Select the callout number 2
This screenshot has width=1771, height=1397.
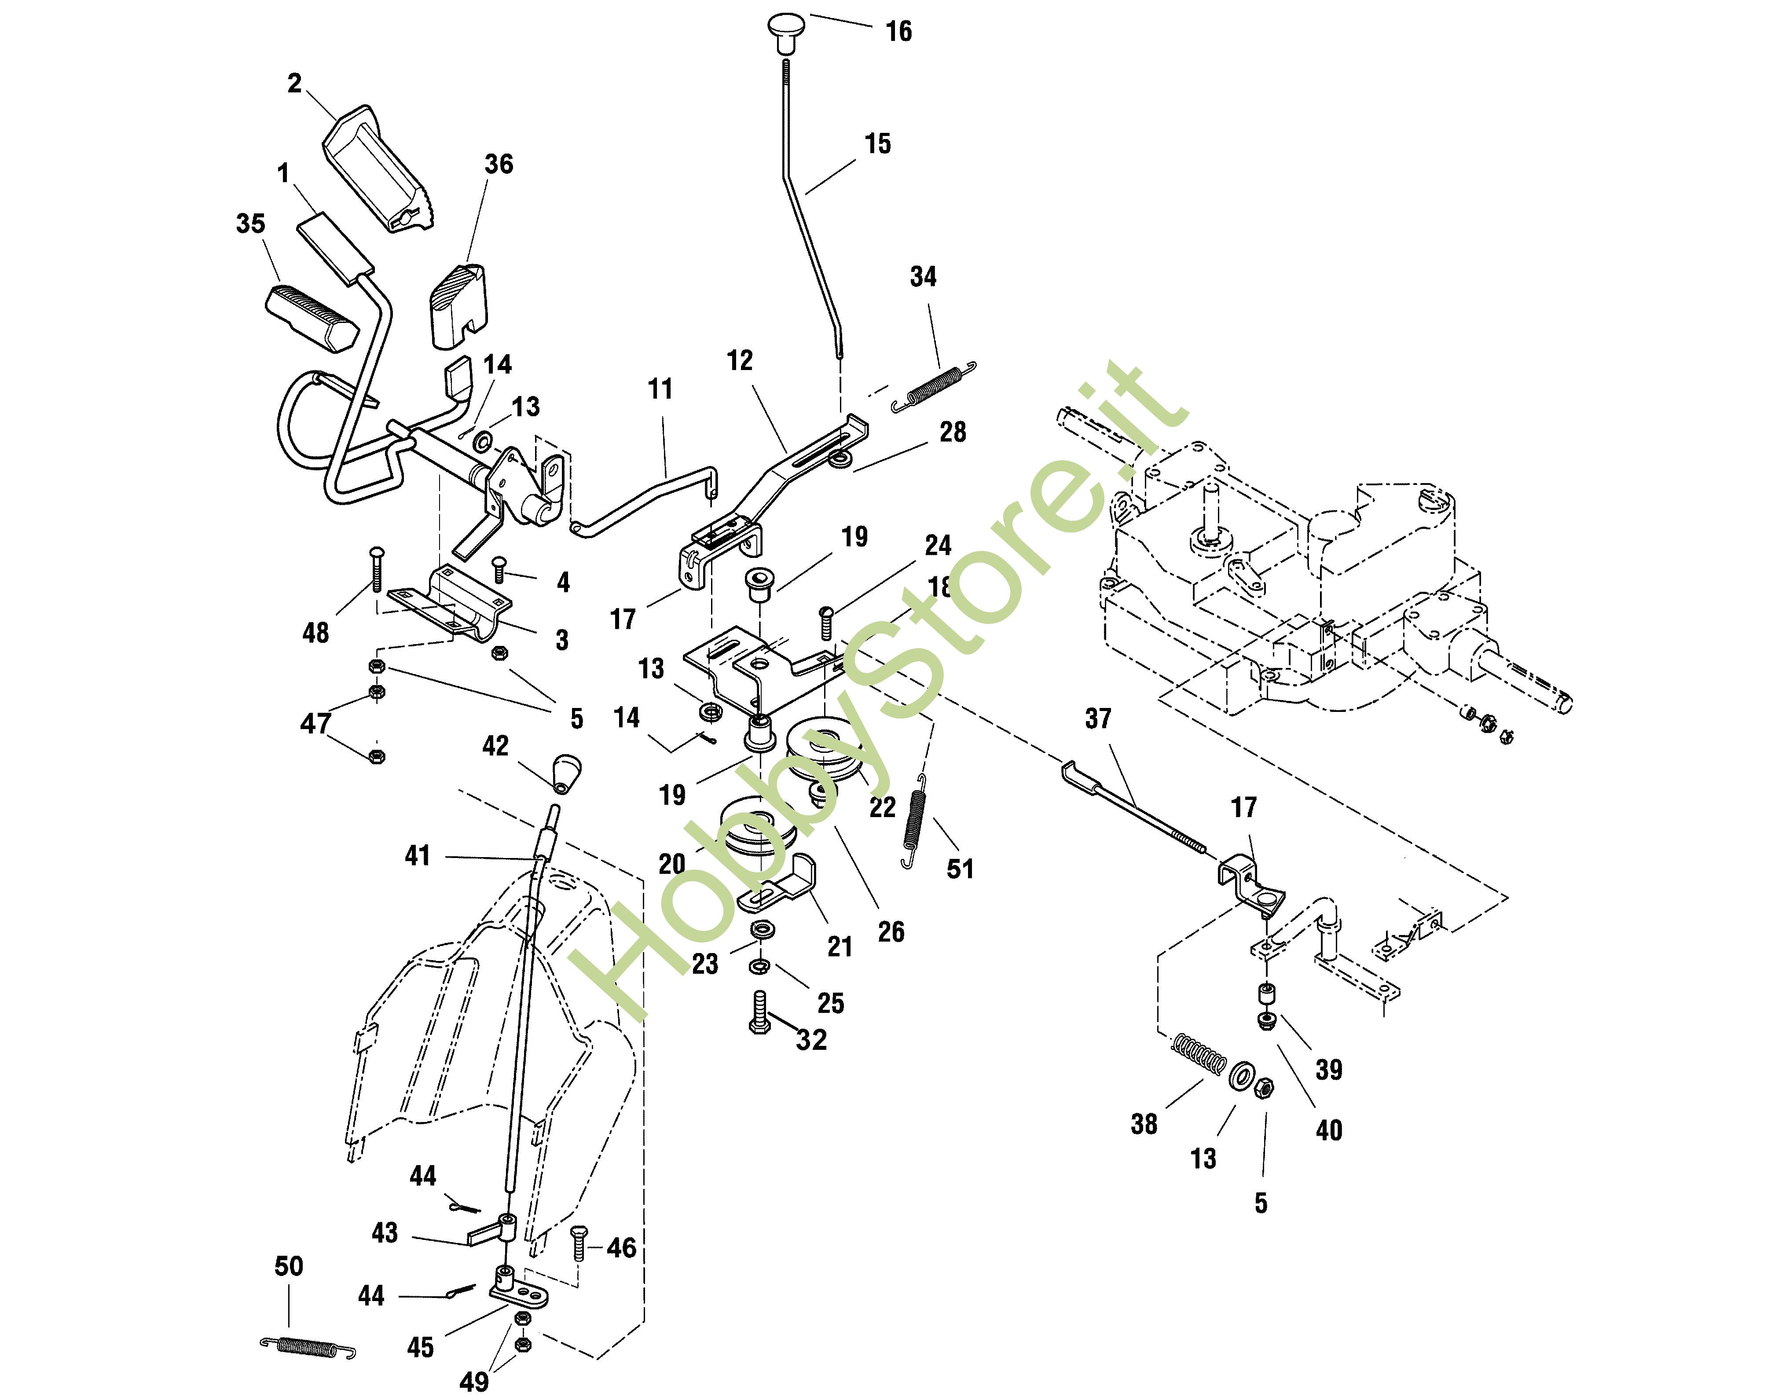pyautogui.click(x=294, y=84)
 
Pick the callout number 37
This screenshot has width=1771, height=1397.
pyautogui.click(x=1098, y=719)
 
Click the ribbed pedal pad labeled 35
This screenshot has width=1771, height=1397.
pyautogui.click(x=311, y=317)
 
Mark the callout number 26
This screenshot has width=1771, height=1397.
pyautogui.click(x=891, y=931)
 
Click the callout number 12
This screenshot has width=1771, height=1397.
pyautogui.click(x=740, y=361)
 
